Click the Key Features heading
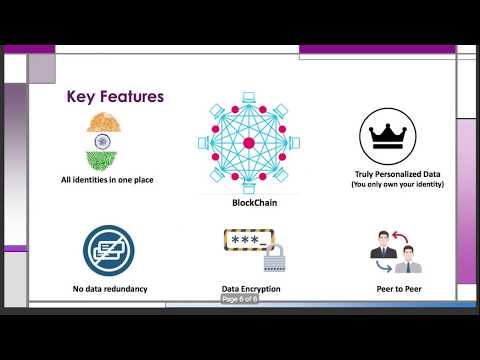[x=115, y=97]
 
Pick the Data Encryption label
[x=251, y=289]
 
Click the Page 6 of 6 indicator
[x=240, y=299]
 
